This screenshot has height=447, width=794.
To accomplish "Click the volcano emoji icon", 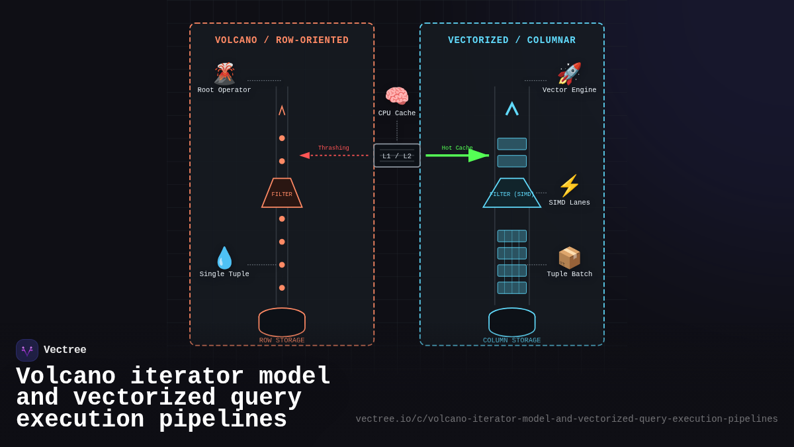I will pyautogui.click(x=224, y=74).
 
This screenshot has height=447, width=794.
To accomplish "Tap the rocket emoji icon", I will pyautogui.click(x=569, y=74).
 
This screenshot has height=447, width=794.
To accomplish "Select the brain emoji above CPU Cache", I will pyautogui.click(x=397, y=96).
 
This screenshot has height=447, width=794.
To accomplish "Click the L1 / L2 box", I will pyautogui.click(x=397, y=156).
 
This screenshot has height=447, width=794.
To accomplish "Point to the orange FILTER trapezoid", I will pyautogui.click(x=282, y=193).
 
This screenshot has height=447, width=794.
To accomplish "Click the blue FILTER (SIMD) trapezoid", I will pyautogui.click(x=511, y=193).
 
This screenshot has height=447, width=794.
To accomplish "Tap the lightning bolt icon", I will pyautogui.click(x=569, y=185).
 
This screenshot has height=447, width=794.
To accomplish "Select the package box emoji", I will pyautogui.click(x=569, y=258).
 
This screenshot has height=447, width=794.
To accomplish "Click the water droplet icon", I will pyautogui.click(x=224, y=258).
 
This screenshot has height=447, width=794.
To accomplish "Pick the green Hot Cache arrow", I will pyautogui.click(x=457, y=156).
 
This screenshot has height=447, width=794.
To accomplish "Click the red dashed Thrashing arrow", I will pyautogui.click(x=334, y=156).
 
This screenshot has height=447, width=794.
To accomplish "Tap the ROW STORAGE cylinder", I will pyautogui.click(x=282, y=323).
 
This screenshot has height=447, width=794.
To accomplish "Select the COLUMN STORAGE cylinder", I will pyautogui.click(x=511, y=323).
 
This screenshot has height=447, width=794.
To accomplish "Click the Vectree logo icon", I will pyautogui.click(x=27, y=350).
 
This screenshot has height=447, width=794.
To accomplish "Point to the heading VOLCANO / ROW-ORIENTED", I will pyautogui.click(x=282, y=40).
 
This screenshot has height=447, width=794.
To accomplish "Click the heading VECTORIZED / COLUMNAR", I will pyautogui.click(x=511, y=40).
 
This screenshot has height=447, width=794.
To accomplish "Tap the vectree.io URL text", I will pyautogui.click(x=566, y=419).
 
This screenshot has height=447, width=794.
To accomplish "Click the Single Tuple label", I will pyautogui.click(x=224, y=274).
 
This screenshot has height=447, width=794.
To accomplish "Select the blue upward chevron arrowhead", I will pyautogui.click(x=511, y=109).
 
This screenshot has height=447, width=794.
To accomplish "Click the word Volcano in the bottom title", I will pyautogui.click(x=66, y=377).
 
